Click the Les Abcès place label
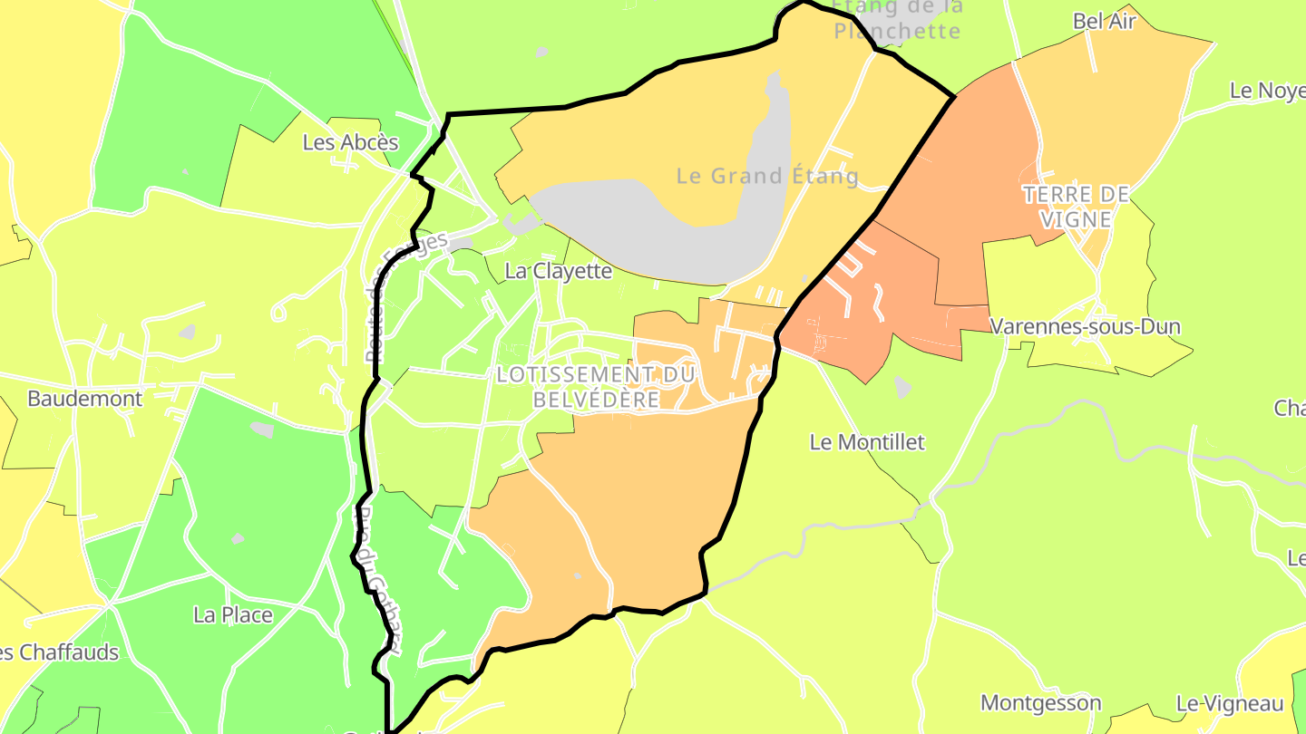tap(350, 142)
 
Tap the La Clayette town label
tap(559, 271)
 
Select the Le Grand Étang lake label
tap(767, 176)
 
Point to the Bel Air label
tap(1104, 22)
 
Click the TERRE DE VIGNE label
tap(1076, 207)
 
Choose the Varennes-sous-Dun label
tap(1085, 326)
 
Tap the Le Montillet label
tap(867, 442)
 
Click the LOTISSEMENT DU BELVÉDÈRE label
tap(595, 387)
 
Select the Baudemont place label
tap(84, 399)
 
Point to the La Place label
tap(233, 615)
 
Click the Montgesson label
tap(1041, 703)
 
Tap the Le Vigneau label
tap(1230, 704)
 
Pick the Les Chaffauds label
tap(60, 652)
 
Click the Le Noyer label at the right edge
tap(1268, 91)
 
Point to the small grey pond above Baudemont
tap(188, 333)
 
